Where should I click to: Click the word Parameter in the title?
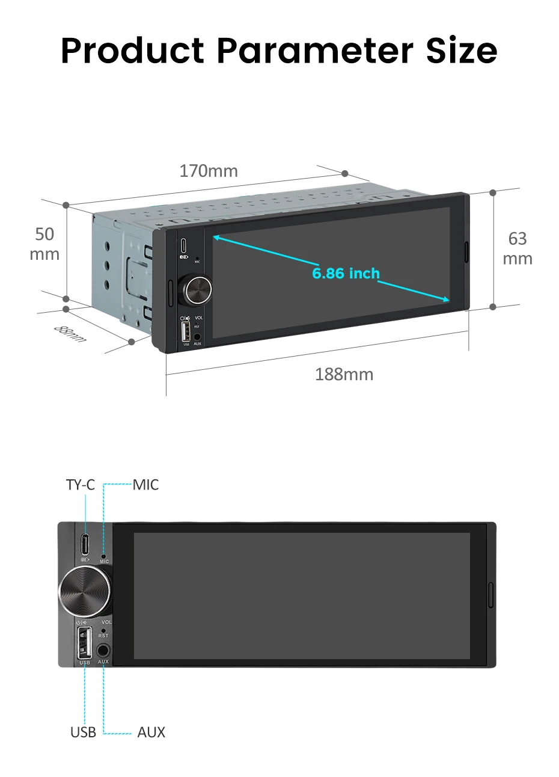click(315, 51)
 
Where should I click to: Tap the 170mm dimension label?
click(209, 171)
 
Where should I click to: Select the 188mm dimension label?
click(344, 374)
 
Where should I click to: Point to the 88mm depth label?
click(70, 334)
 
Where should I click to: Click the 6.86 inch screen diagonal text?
click(346, 273)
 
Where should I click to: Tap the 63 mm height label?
click(518, 248)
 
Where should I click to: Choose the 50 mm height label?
click(44, 244)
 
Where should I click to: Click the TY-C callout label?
click(80, 485)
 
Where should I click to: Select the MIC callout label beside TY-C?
click(145, 485)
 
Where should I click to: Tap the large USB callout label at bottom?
click(83, 732)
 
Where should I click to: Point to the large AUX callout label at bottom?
click(151, 732)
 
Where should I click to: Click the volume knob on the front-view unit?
click(85, 591)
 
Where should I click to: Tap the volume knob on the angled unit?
click(195, 290)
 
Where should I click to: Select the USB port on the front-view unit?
click(85, 642)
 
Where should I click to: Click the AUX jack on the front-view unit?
click(103, 650)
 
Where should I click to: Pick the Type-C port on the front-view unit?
click(85, 544)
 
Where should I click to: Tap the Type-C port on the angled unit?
click(183, 245)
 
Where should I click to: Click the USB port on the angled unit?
click(186, 331)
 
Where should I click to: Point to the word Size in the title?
click(462, 51)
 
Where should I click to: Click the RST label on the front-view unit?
click(103, 635)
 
